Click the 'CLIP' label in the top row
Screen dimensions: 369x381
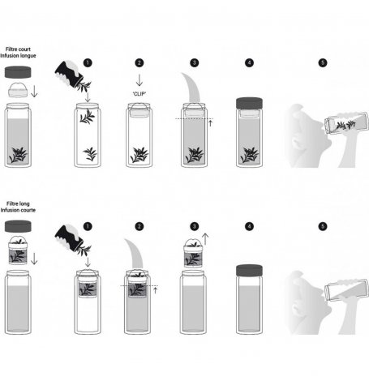(x=139, y=94)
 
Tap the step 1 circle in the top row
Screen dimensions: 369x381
(x=88, y=63)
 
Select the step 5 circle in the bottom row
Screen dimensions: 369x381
(x=323, y=226)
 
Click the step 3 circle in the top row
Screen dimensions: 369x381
(x=194, y=63)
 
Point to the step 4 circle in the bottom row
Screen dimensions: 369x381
(x=249, y=226)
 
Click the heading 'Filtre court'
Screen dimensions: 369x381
(x=18, y=49)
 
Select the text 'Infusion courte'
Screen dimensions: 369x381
(x=18, y=210)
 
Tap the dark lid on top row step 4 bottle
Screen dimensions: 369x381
(x=249, y=103)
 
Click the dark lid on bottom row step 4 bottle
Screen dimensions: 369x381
(x=249, y=270)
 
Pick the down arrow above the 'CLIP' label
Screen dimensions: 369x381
(x=139, y=80)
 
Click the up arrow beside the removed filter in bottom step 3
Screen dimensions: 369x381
(x=205, y=239)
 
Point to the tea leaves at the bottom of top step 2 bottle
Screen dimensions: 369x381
(x=139, y=155)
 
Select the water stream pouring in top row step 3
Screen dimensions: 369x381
(x=191, y=88)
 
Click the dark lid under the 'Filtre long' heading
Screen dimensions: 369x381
(x=18, y=226)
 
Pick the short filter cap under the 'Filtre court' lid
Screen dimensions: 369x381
(x=18, y=90)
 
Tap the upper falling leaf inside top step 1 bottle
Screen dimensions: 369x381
(x=88, y=117)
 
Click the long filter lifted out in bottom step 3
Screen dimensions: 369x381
(x=193, y=253)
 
